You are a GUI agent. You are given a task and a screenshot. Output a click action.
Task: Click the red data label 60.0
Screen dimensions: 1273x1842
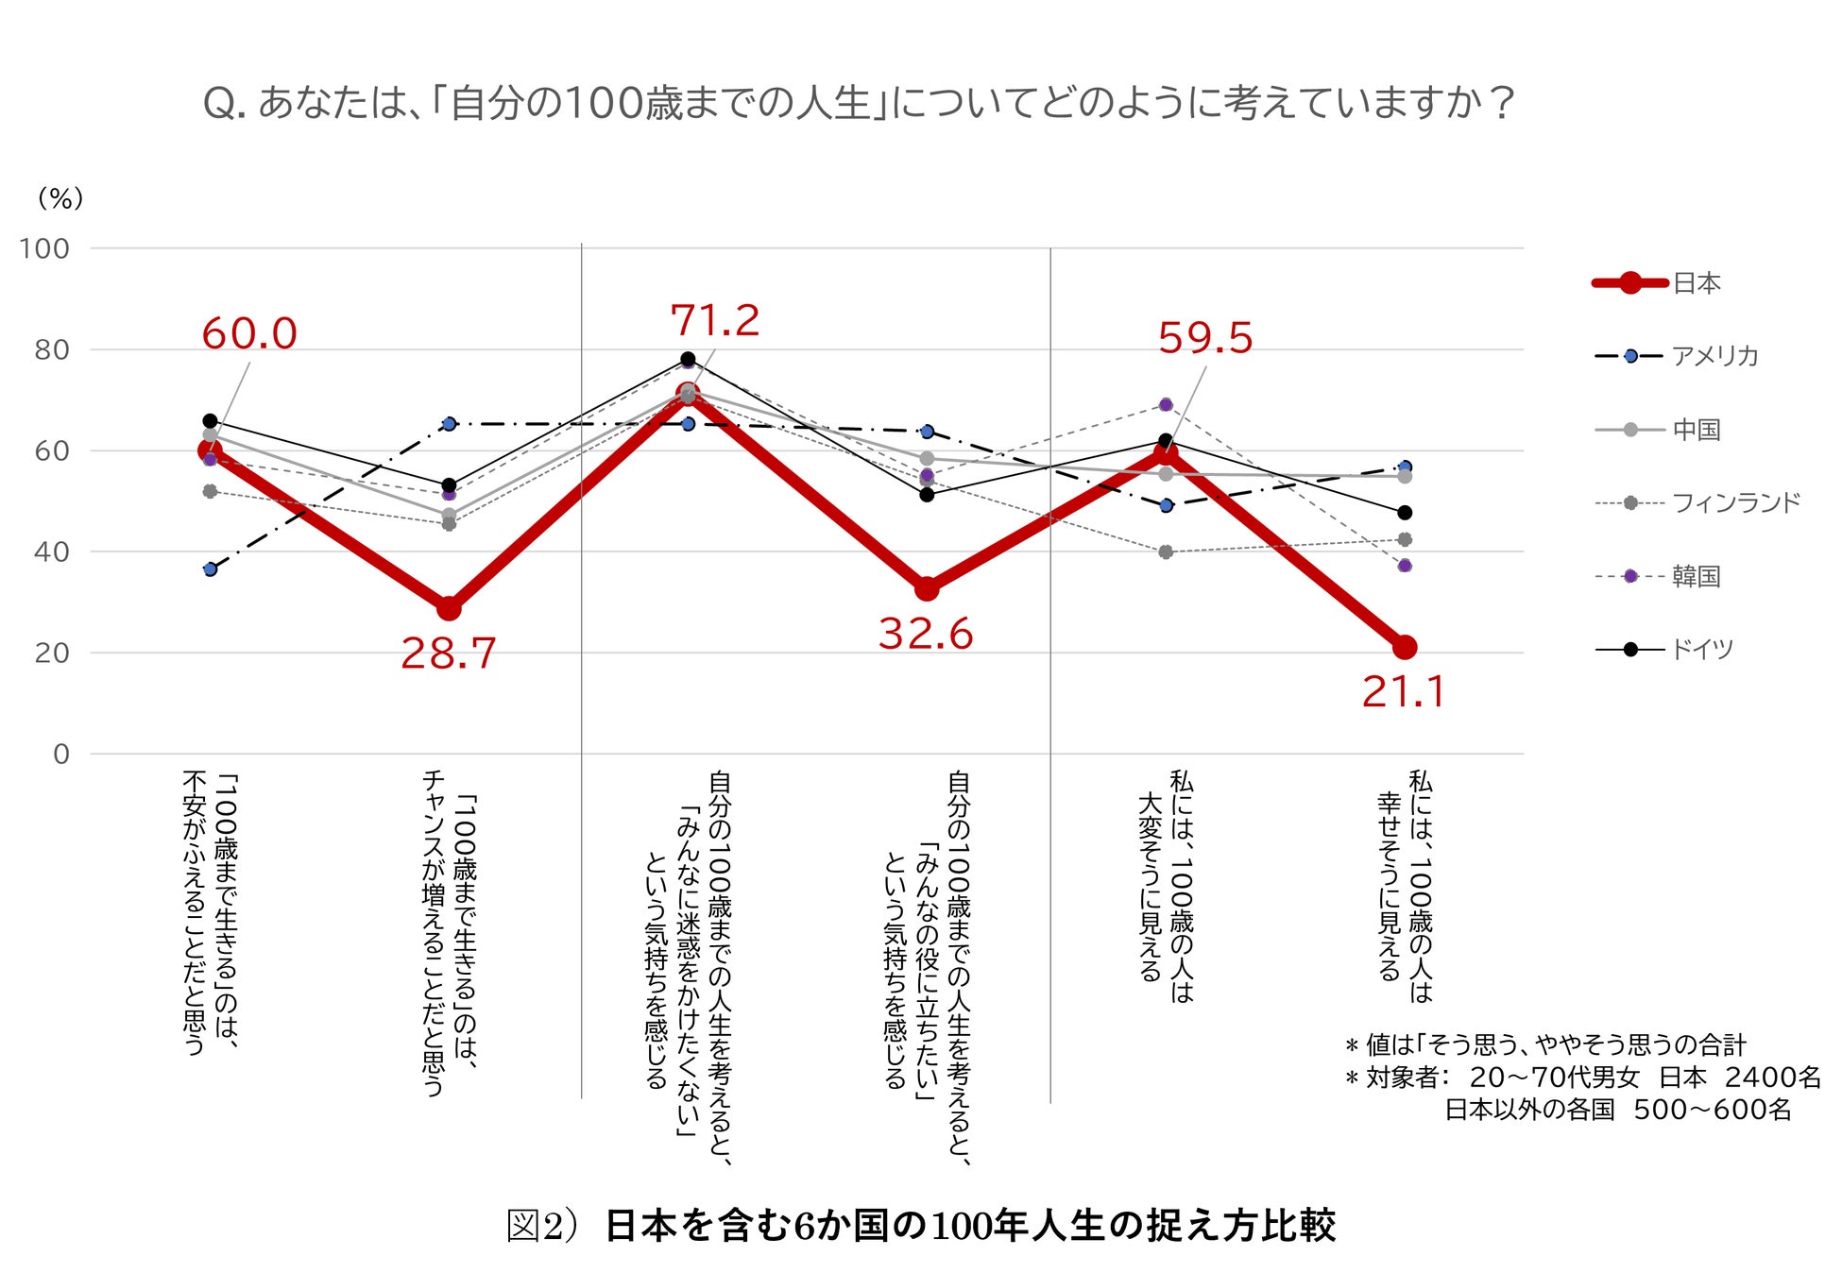pyautogui.click(x=249, y=333)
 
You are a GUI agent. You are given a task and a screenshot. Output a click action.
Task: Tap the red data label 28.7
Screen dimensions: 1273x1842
pyautogui.click(x=449, y=653)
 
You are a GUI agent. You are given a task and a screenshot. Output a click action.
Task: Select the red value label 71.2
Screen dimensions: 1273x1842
pyautogui.click(x=715, y=321)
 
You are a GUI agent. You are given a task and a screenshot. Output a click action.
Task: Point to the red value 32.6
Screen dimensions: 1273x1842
pyautogui.click(x=926, y=634)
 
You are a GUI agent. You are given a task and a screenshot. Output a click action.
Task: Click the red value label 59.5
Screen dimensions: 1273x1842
pyautogui.click(x=1205, y=338)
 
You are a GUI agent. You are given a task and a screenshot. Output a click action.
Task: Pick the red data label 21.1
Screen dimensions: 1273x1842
pyautogui.click(x=1404, y=692)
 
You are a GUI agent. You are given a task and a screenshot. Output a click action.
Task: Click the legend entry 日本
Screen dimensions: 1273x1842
pyautogui.click(x=1697, y=283)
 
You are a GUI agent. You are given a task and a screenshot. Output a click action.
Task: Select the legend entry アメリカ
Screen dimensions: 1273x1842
pyautogui.click(x=1714, y=356)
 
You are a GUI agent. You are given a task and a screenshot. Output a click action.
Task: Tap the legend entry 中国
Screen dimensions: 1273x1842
pyautogui.click(x=1697, y=430)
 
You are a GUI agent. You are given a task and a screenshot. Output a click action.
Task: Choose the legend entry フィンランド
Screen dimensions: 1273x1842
pyautogui.click(x=1736, y=502)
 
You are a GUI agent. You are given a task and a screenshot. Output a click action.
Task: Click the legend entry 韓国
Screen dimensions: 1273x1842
pyautogui.click(x=1697, y=576)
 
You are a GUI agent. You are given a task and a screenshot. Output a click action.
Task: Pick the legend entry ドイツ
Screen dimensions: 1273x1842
pyautogui.click(x=1702, y=650)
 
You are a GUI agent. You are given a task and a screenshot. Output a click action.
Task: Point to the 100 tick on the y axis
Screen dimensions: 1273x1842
pyautogui.click(x=44, y=249)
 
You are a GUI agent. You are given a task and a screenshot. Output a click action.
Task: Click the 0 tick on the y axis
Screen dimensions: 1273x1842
pyautogui.click(x=61, y=754)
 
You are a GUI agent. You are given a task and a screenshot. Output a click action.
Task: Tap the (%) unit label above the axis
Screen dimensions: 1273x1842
pyautogui.click(x=60, y=198)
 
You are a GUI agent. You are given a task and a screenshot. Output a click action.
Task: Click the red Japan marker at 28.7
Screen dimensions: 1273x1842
pyautogui.click(x=449, y=608)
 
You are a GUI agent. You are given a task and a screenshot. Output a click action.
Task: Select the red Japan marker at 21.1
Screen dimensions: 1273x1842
pyautogui.click(x=1405, y=647)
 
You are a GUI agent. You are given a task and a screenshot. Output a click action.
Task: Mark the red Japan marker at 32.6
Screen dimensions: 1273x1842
pyautogui.click(x=927, y=588)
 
